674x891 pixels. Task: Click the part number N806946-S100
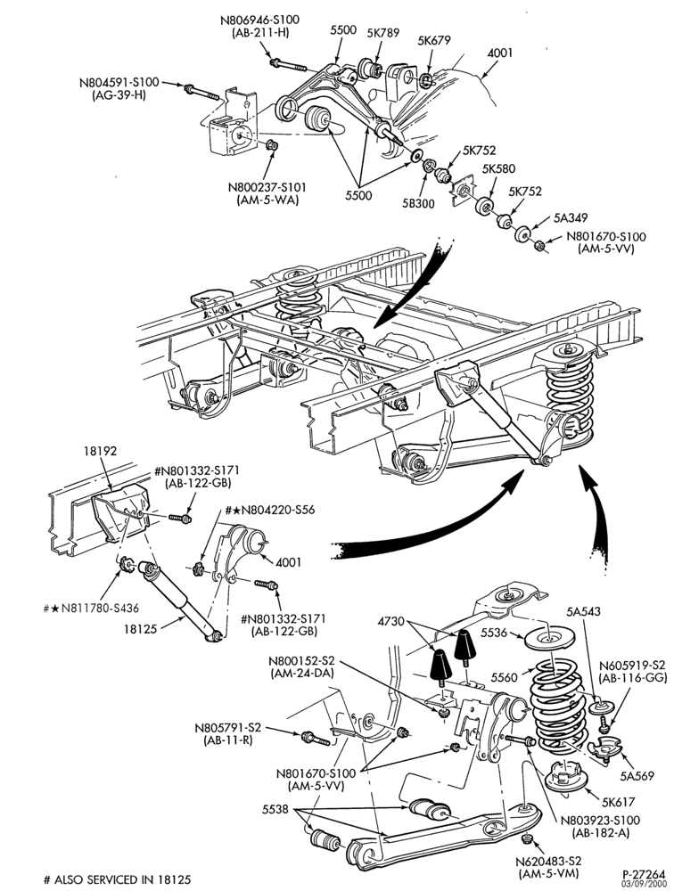(260, 20)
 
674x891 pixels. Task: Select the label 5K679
(433, 40)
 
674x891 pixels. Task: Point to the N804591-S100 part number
(119, 82)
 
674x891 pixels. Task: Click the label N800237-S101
(264, 187)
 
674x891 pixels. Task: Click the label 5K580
(498, 169)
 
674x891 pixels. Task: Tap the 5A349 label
(571, 217)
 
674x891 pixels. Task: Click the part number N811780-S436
(98, 608)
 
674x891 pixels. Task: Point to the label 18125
(141, 628)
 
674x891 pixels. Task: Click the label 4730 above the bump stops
(390, 622)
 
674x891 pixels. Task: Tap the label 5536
(495, 632)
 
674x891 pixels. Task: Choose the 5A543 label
(584, 612)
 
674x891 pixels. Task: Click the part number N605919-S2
(631, 665)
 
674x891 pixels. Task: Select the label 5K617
(617, 803)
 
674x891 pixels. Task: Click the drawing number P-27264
(644, 873)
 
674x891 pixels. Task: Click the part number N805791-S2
(227, 728)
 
